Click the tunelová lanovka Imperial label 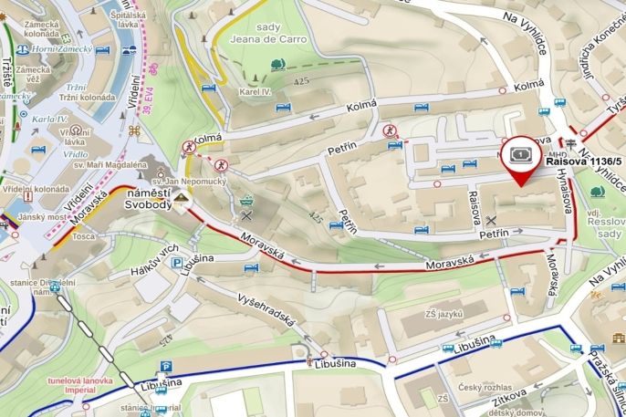77,385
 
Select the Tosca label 84,235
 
